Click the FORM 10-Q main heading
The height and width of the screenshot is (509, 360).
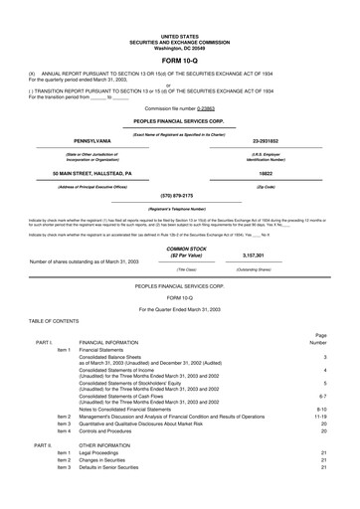point(180,34)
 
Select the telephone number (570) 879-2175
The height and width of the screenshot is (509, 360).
point(180,168)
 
